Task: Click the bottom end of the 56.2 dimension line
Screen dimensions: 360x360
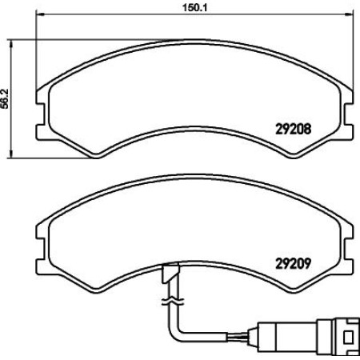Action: pos(11,156)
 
